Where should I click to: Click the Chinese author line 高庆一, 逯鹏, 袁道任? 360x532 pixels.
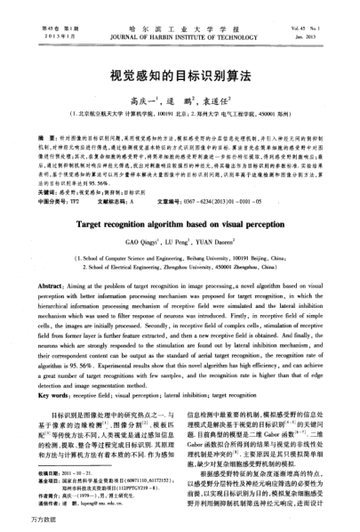click(180, 102)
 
